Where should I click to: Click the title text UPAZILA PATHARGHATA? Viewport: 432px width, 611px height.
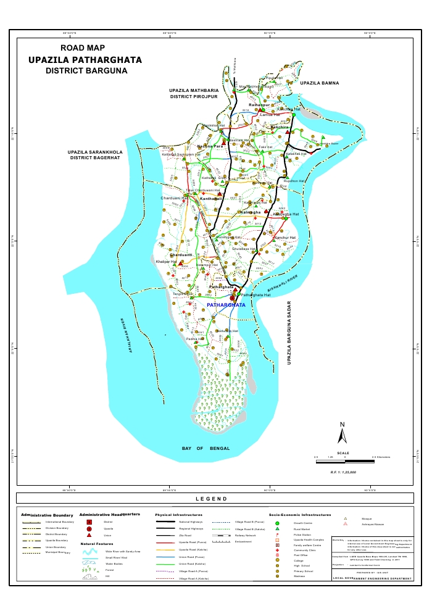[85, 60]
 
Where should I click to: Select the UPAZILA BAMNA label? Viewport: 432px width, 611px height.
[320, 83]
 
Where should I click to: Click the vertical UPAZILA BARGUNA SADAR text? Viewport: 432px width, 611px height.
[288, 333]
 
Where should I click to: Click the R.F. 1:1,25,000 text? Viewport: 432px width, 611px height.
[343, 472]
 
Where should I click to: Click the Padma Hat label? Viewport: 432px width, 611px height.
[195, 339]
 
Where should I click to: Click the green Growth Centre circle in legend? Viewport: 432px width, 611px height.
[277, 523]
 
